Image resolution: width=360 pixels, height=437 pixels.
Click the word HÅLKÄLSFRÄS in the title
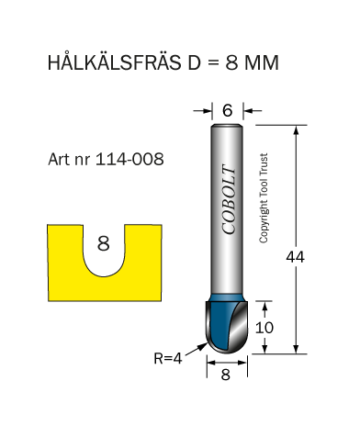point(114,62)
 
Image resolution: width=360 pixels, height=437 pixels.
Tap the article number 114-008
point(129,159)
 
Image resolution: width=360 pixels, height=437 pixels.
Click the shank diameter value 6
point(228,110)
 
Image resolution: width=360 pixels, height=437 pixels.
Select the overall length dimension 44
point(295,257)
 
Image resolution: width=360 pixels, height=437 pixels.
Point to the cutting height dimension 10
point(264,328)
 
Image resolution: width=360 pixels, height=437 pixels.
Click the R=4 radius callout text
point(168,358)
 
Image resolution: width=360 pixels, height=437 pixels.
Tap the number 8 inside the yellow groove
point(103,243)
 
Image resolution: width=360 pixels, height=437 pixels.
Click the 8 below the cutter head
point(226,375)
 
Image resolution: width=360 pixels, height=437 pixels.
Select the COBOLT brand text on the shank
point(229,199)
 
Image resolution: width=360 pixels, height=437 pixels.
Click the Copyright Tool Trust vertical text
point(264,198)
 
